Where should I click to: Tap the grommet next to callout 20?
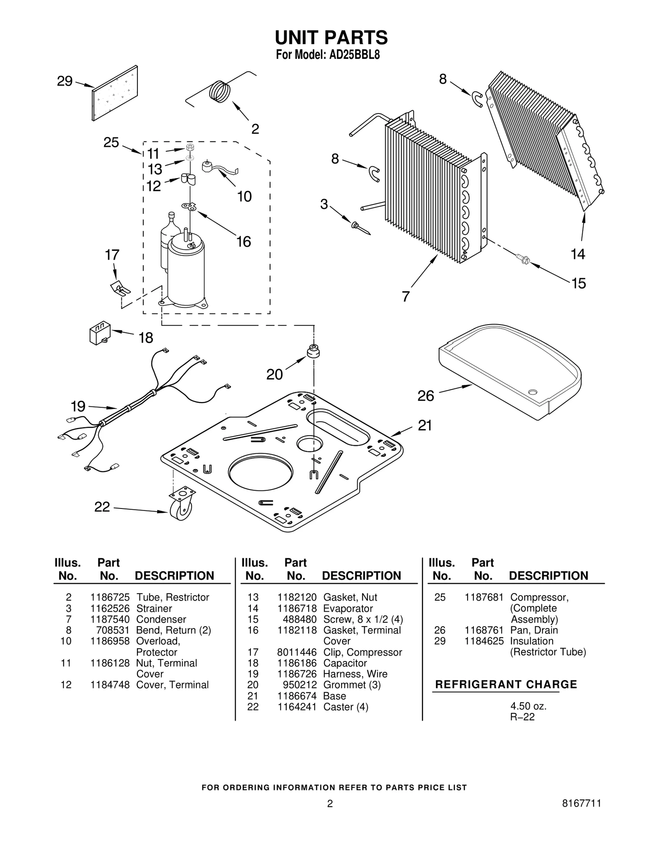coord(314,352)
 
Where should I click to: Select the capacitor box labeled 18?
coord(99,334)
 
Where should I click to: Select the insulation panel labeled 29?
coord(115,93)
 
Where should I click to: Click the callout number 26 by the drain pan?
coord(426,396)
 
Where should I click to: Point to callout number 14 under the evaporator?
coord(578,254)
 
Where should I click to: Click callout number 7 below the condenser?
coord(406,296)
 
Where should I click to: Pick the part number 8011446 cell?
coord(297,652)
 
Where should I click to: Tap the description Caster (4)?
coord(345,707)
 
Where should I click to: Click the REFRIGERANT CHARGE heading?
coord(506,685)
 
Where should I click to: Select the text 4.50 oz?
coord(528,706)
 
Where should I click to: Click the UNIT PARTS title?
coord(331,38)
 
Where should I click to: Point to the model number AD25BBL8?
coord(354,55)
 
